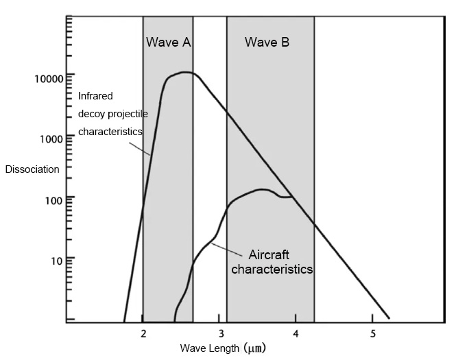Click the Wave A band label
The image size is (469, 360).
[x=168, y=43]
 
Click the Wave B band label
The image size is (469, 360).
[x=267, y=43]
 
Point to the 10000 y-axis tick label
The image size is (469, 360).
[x=49, y=78]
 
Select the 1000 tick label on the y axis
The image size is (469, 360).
[x=51, y=139]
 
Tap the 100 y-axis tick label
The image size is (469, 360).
[x=54, y=199]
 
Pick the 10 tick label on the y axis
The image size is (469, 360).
[x=57, y=259]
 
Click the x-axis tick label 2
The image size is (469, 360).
[x=143, y=333]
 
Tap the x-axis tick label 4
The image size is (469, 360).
[x=296, y=333]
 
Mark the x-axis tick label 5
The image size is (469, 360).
[x=372, y=333]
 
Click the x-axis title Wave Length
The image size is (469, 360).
[x=210, y=348]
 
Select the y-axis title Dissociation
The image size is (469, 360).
[x=32, y=169]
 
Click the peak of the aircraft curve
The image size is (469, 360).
[x=261, y=189]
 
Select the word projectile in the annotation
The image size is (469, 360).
[x=124, y=114]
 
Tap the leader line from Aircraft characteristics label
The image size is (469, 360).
[x=229, y=249]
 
